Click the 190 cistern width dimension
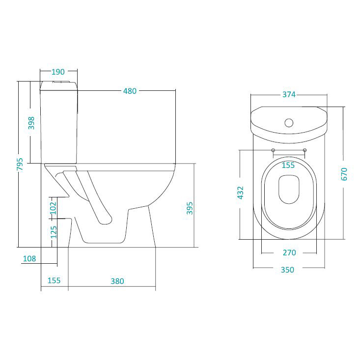58,72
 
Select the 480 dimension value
130,91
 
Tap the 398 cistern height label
31,123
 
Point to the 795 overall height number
20,164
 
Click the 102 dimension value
53,208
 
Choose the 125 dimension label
54,232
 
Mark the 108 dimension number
29,259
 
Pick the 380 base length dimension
117,281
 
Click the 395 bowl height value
190,208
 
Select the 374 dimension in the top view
289,94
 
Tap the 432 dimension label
240,193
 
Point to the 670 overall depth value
344,174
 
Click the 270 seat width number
289,252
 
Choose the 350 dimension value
287,270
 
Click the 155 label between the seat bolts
288,165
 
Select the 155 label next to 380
54,280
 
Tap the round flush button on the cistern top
289,123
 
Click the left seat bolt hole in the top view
273,150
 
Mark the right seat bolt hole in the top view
305,150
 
